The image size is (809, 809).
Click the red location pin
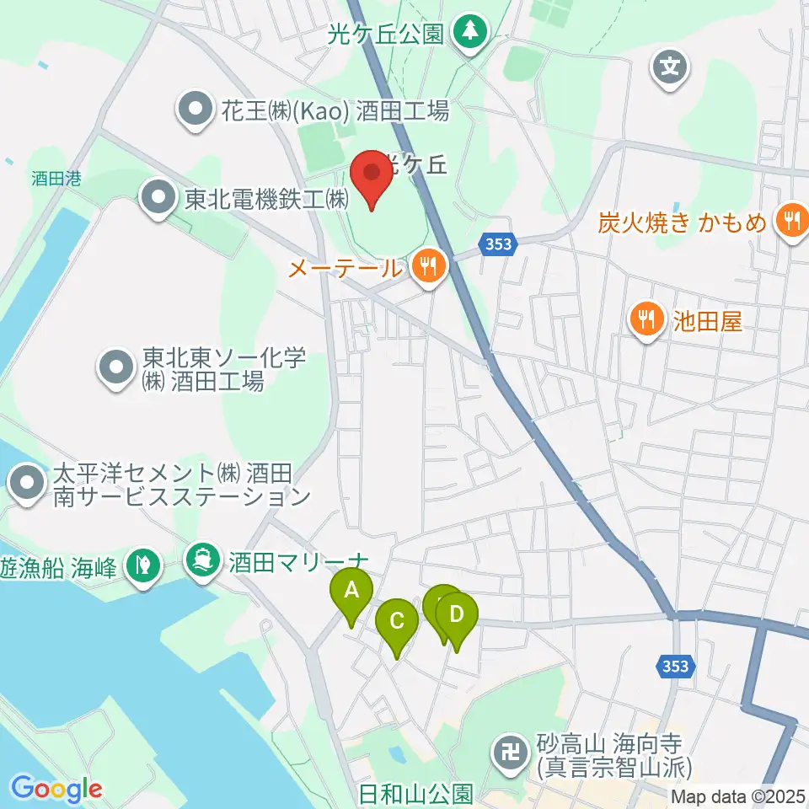(x=371, y=175)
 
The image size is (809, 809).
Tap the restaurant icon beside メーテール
(x=430, y=267)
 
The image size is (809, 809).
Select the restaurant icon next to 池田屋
(x=646, y=319)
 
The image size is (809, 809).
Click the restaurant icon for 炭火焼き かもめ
(x=790, y=222)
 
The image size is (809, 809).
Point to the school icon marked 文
(x=671, y=64)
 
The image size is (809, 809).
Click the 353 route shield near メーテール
(x=496, y=244)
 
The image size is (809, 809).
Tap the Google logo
(x=56, y=789)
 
